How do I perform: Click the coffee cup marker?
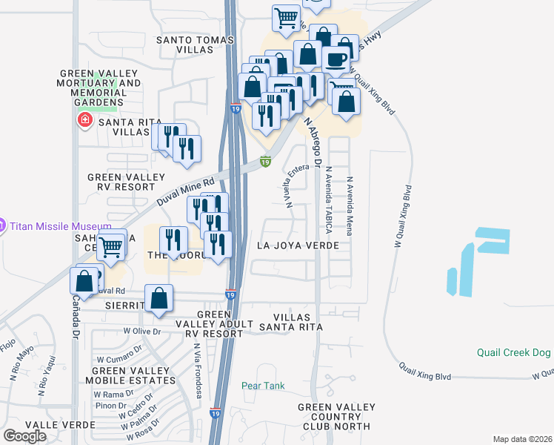pyautogui.click(x=336, y=59)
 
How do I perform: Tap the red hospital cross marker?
pyautogui.click(x=84, y=119)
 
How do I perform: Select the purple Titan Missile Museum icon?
pyautogui.click(x=2, y=225)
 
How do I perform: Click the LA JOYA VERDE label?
pyautogui.click(x=298, y=245)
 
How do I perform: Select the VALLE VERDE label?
pyautogui.click(x=59, y=425)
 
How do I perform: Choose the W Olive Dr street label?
pyautogui.click(x=141, y=332)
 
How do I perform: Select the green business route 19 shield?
pyautogui.click(x=264, y=161)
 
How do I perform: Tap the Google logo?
pyautogui.click(x=24, y=435)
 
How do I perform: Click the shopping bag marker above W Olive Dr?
pyautogui.click(x=159, y=298)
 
